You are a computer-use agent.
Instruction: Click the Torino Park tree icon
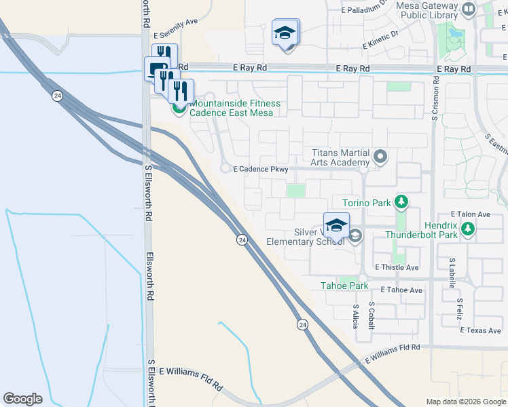pos(401,201)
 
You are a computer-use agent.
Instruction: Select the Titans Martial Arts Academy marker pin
pos(380,157)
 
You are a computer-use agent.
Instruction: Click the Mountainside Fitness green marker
pos(179,107)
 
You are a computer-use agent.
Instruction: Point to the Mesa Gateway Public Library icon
pos(468,9)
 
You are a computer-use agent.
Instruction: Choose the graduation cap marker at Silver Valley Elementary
pos(336,227)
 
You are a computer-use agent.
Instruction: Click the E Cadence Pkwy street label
pos(261,170)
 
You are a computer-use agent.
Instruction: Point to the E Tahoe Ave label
pos(401,290)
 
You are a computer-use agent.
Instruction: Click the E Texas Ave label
pos(480,331)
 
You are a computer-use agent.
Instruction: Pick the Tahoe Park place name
pos(344,286)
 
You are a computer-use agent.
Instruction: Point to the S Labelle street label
pos(451,275)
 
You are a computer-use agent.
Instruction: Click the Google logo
pos(22,399)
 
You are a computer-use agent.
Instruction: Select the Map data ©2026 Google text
pos(465,402)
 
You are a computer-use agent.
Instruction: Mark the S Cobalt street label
pos(371,315)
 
